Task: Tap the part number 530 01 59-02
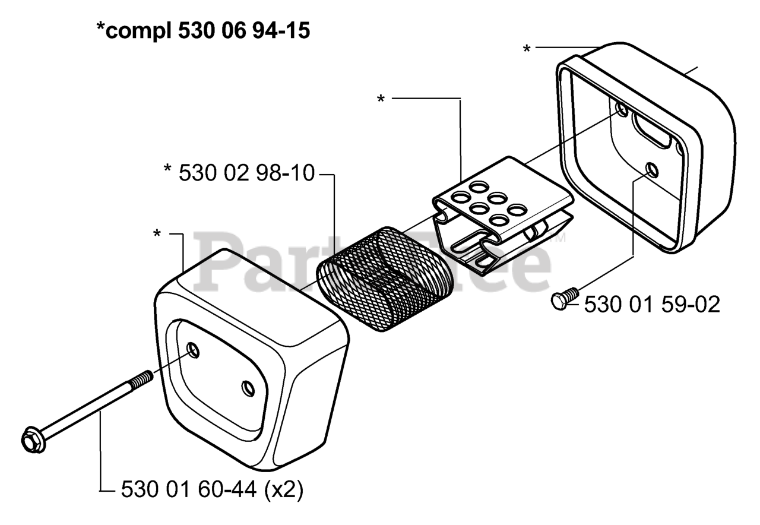[x=652, y=305]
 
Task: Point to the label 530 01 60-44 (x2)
[x=212, y=490]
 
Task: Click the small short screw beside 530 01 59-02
[x=565, y=298]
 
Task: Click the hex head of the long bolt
[x=30, y=440]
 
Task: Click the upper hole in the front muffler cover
[x=193, y=349]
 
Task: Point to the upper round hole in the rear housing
[x=622, y=109]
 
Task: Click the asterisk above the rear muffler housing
[x=527, y=49]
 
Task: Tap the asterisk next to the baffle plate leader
[x=381, y=100]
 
